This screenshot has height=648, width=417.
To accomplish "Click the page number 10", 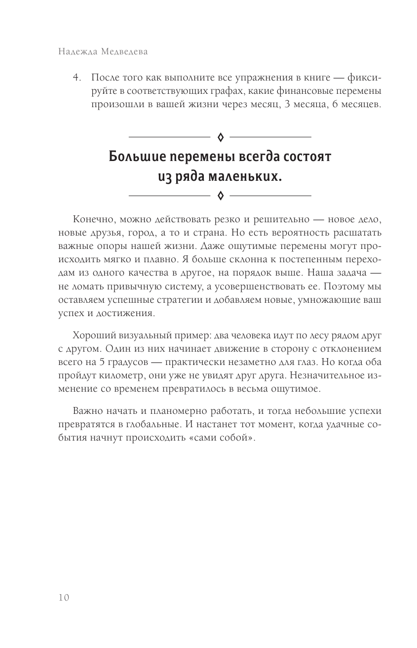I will click(64, 597).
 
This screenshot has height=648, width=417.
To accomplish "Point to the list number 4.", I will click(76, 78).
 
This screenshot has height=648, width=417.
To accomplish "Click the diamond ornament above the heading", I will click(220, 137).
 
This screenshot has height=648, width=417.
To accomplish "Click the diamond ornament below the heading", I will click(220, 196).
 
